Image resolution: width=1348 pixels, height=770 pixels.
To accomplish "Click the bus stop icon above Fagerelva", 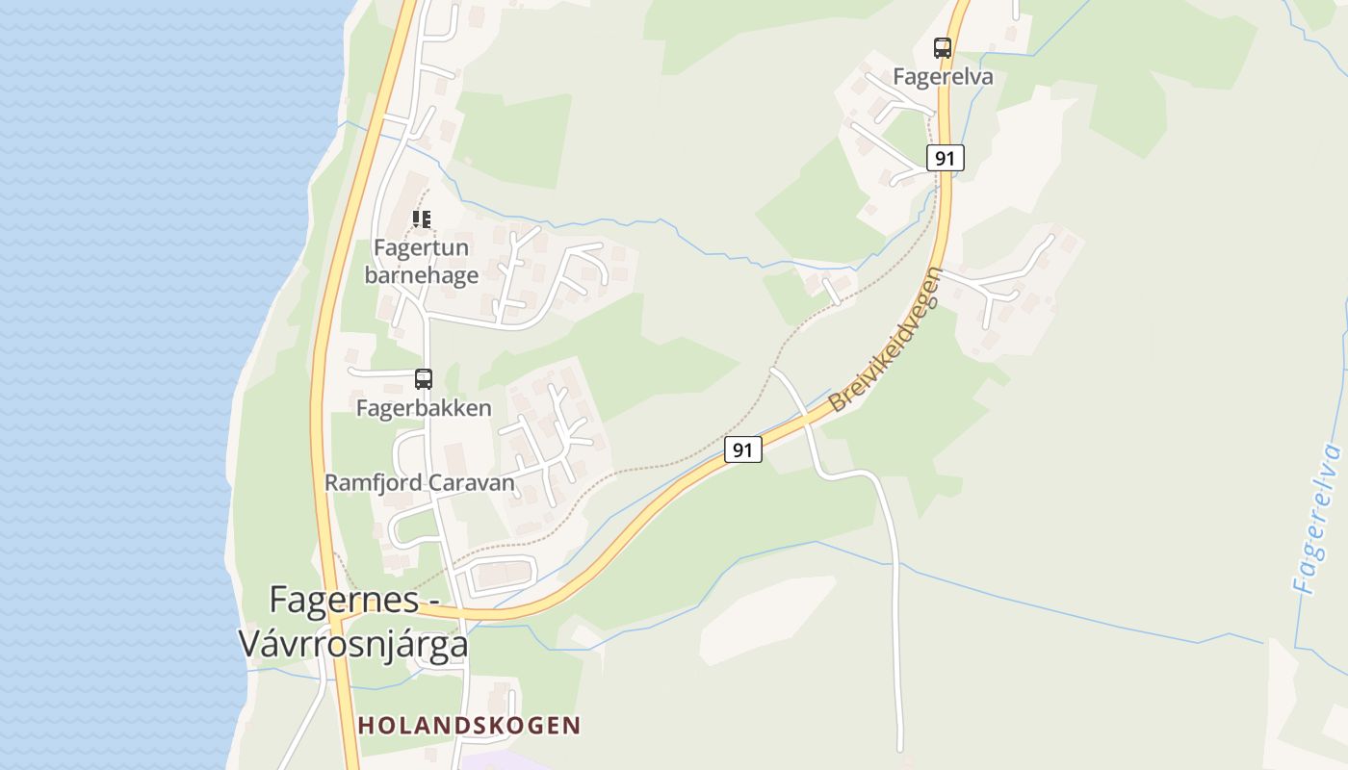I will pos(942,47).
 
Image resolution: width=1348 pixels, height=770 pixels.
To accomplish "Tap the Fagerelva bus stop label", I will pos(943,76).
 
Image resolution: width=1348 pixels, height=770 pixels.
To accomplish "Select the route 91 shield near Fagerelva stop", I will pos(946,158).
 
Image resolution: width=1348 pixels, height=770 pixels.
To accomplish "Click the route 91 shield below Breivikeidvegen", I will pos(742,449).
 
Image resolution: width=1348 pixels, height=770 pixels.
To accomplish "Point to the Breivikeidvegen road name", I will pos(885,341).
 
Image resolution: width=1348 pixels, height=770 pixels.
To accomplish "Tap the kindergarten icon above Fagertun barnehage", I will pos(422,219).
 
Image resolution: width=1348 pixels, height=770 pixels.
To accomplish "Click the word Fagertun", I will pos(421,247).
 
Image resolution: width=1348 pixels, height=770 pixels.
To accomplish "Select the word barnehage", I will pos(421,275).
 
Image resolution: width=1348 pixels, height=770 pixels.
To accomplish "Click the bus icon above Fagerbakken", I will pos(424,378).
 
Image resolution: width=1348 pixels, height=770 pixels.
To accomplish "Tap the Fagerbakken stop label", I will pos(424,407).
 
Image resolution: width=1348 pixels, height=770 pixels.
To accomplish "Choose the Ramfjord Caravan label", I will pos(420,482).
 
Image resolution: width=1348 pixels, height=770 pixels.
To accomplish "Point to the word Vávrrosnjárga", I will pos(353,644).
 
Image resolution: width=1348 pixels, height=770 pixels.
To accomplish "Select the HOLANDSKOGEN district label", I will pos(469,725).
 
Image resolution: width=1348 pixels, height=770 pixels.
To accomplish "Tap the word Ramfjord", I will pos(372,482).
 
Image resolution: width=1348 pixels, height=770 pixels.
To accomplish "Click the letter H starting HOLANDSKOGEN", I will pos(366,725).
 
